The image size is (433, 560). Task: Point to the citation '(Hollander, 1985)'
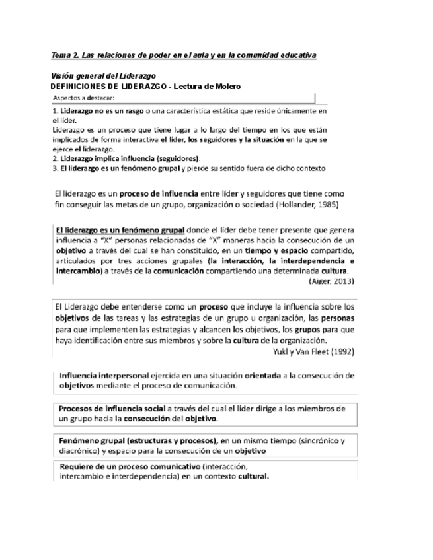click(x=311, y=205)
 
